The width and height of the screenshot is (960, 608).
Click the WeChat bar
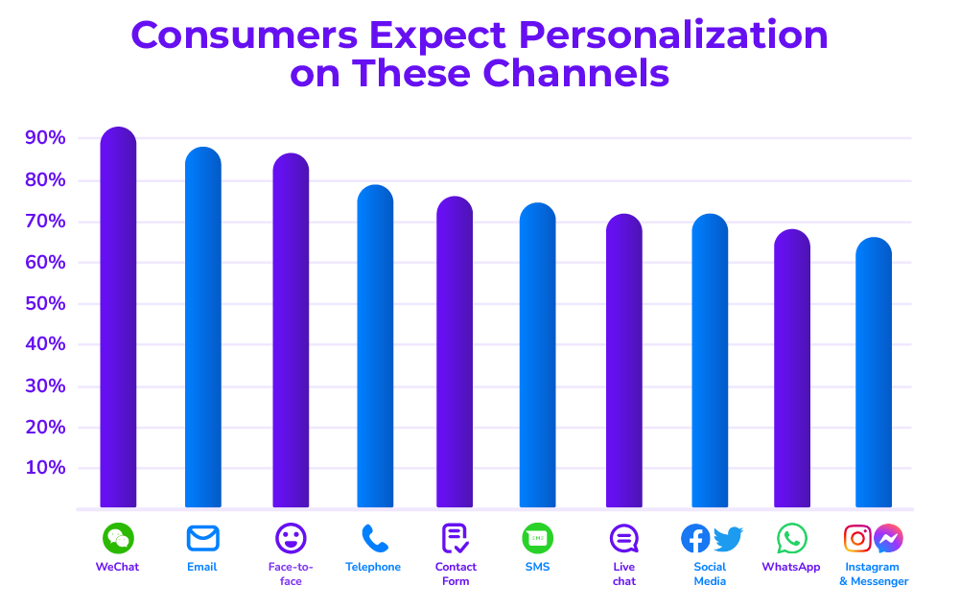point(118,326)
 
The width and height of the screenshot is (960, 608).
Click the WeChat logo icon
point(118,539)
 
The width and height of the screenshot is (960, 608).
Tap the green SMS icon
point(537,539)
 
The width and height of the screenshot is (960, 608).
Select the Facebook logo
point(696,539)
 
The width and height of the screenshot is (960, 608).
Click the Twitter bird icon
point(728,539)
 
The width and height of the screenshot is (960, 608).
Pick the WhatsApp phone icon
point(792,539)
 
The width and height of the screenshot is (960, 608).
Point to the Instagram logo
point(858,539)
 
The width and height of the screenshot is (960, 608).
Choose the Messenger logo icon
point(888,539)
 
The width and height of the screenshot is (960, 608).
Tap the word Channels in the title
point(575,74)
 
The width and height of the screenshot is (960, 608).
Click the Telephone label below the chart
point(373,567)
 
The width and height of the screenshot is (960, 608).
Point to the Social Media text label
point(710,573)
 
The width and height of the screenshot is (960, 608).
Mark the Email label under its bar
point(202,567)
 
